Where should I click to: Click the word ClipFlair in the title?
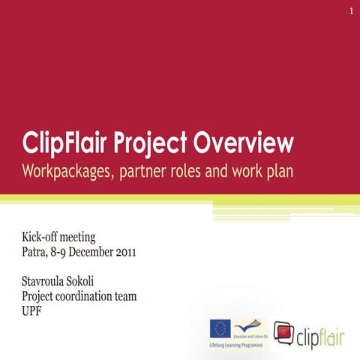pos(70,142)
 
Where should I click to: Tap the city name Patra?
pos(36,251)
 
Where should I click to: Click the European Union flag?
pos(220,328)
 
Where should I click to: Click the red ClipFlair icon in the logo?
pos(284,331)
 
